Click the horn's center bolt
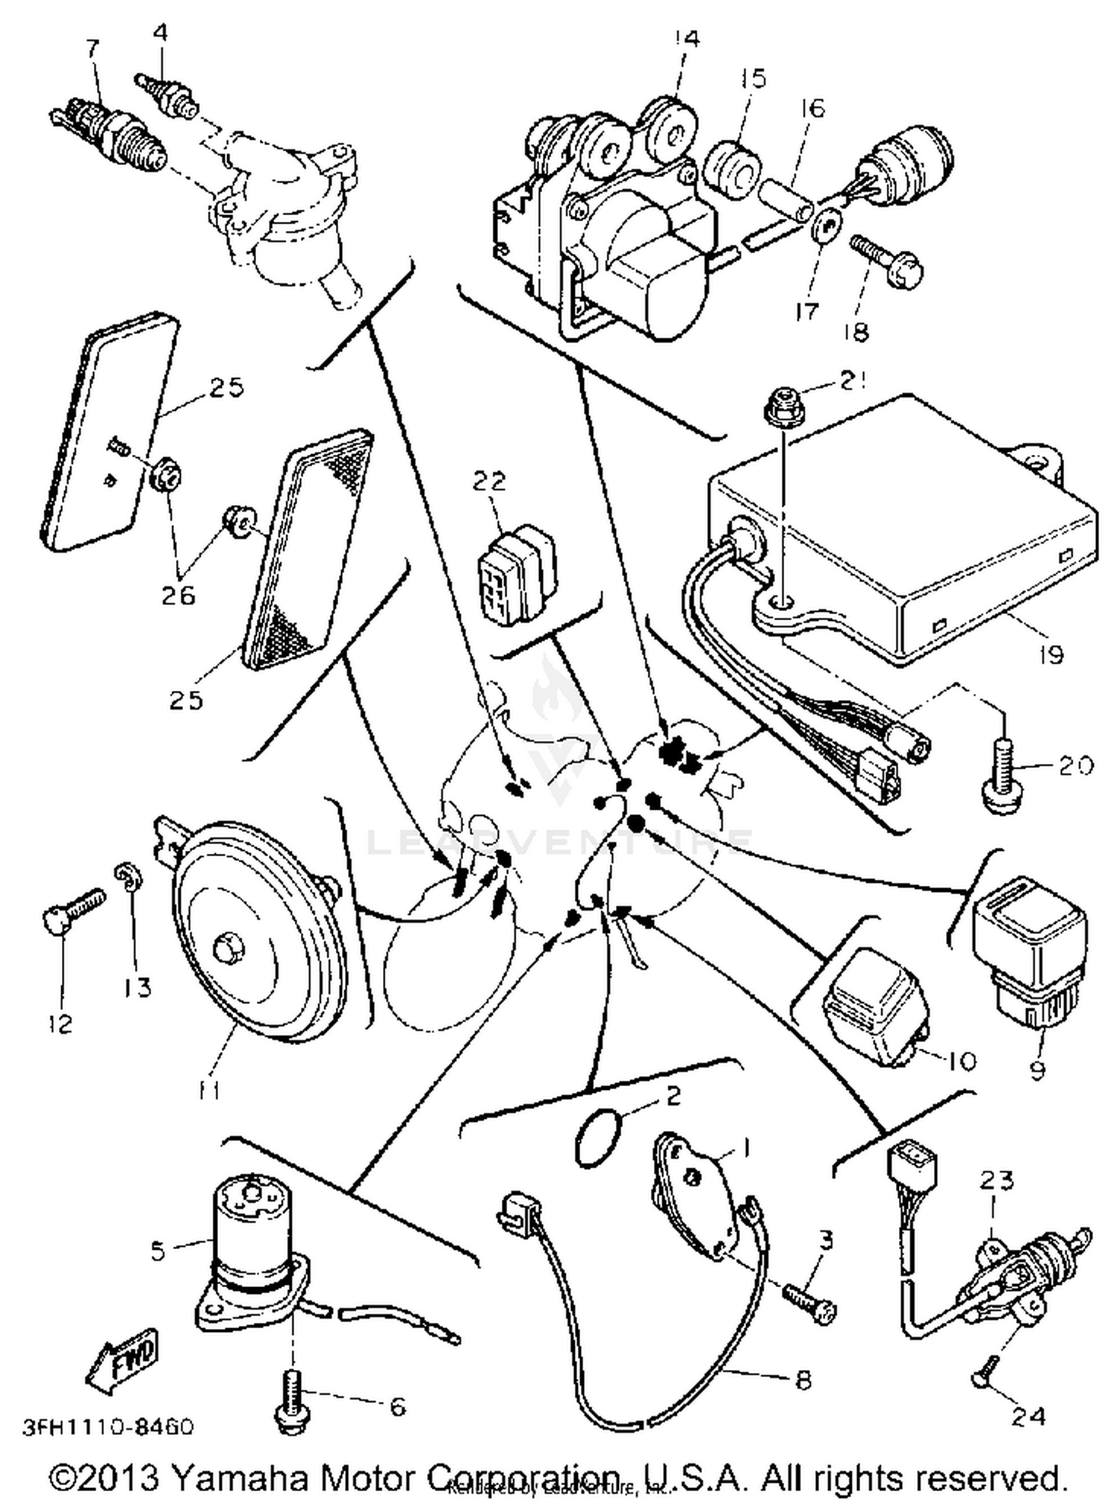[226, 950]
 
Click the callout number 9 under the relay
[1037, 1070]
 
